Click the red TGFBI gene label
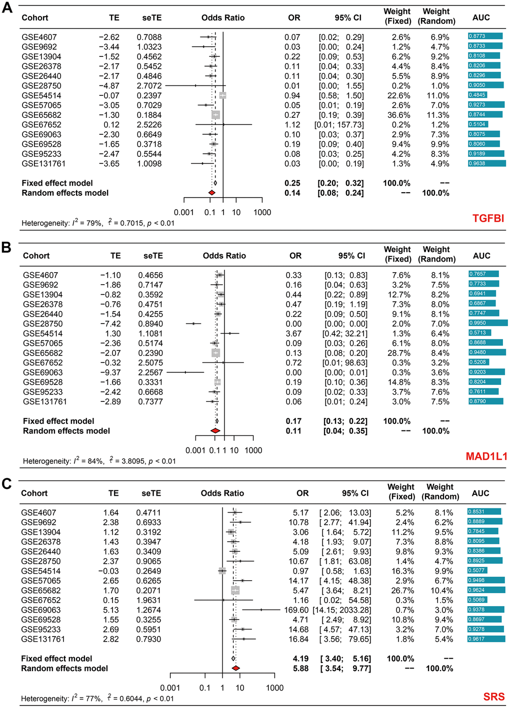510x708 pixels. [488, 218]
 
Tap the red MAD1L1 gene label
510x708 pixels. [486, 456]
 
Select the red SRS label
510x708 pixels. [494, 697]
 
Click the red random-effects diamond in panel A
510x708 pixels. [211, 193]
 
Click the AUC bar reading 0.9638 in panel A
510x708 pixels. [486, 163]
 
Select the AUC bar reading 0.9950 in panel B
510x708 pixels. [487, 323]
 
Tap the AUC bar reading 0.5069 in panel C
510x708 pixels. [477, 600]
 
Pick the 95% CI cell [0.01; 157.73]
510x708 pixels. [339, 125]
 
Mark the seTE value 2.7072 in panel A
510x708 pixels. [149, 86]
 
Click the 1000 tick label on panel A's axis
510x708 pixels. [262, 212]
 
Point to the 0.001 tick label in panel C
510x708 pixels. [170, 688]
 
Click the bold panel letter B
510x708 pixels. [6, 247]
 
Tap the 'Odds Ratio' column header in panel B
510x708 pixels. [224, 256]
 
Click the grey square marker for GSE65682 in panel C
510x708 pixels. [235, 590]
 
